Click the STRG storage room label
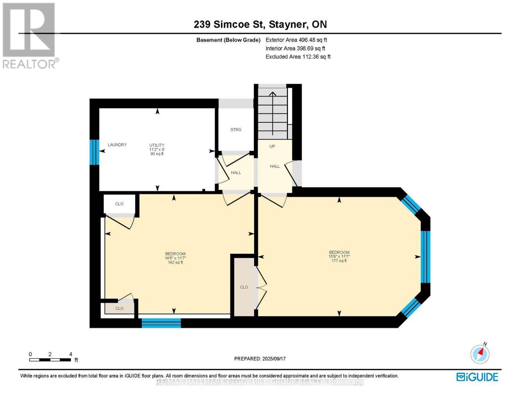[236, 130]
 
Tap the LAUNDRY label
[117, 145]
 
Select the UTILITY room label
[157, 145]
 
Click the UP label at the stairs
[272, 146]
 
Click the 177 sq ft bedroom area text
[339, 261]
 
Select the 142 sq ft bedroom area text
[175, 262]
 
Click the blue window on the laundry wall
[94, 152]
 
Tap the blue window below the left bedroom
[161, 323]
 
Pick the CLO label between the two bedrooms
[244, 287]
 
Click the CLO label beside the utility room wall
[119, 204]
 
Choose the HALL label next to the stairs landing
[275, 166]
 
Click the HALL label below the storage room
[236, 173]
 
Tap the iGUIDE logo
[477, 377]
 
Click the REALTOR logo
[30, 36]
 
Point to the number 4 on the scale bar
[71, 354]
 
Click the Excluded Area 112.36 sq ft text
[298, 57]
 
